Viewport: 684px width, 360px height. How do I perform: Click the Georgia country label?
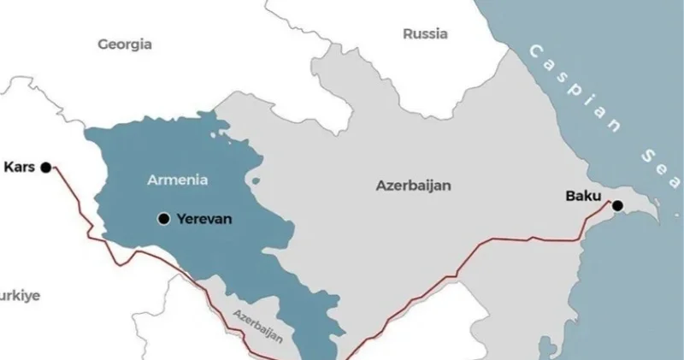[125, 44]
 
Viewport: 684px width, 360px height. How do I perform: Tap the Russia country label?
[425, 34]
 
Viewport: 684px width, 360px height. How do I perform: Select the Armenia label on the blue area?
[177, 180]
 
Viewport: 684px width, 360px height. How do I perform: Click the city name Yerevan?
[203, 219]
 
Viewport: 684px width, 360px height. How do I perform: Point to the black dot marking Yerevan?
[162, 219]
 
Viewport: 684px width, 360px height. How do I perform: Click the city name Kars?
[19, 167]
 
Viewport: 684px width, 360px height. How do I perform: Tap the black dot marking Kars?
[46, 167]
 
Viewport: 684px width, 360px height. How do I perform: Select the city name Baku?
[583, 196]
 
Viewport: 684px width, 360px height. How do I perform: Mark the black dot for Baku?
[616, 204]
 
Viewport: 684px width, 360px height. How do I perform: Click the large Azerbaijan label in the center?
[413, 185]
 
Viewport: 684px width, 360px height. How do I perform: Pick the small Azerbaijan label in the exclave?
[256, 327]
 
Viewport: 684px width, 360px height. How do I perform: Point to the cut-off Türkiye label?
[19, 295]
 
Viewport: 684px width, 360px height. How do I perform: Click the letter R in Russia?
[408, 34]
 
